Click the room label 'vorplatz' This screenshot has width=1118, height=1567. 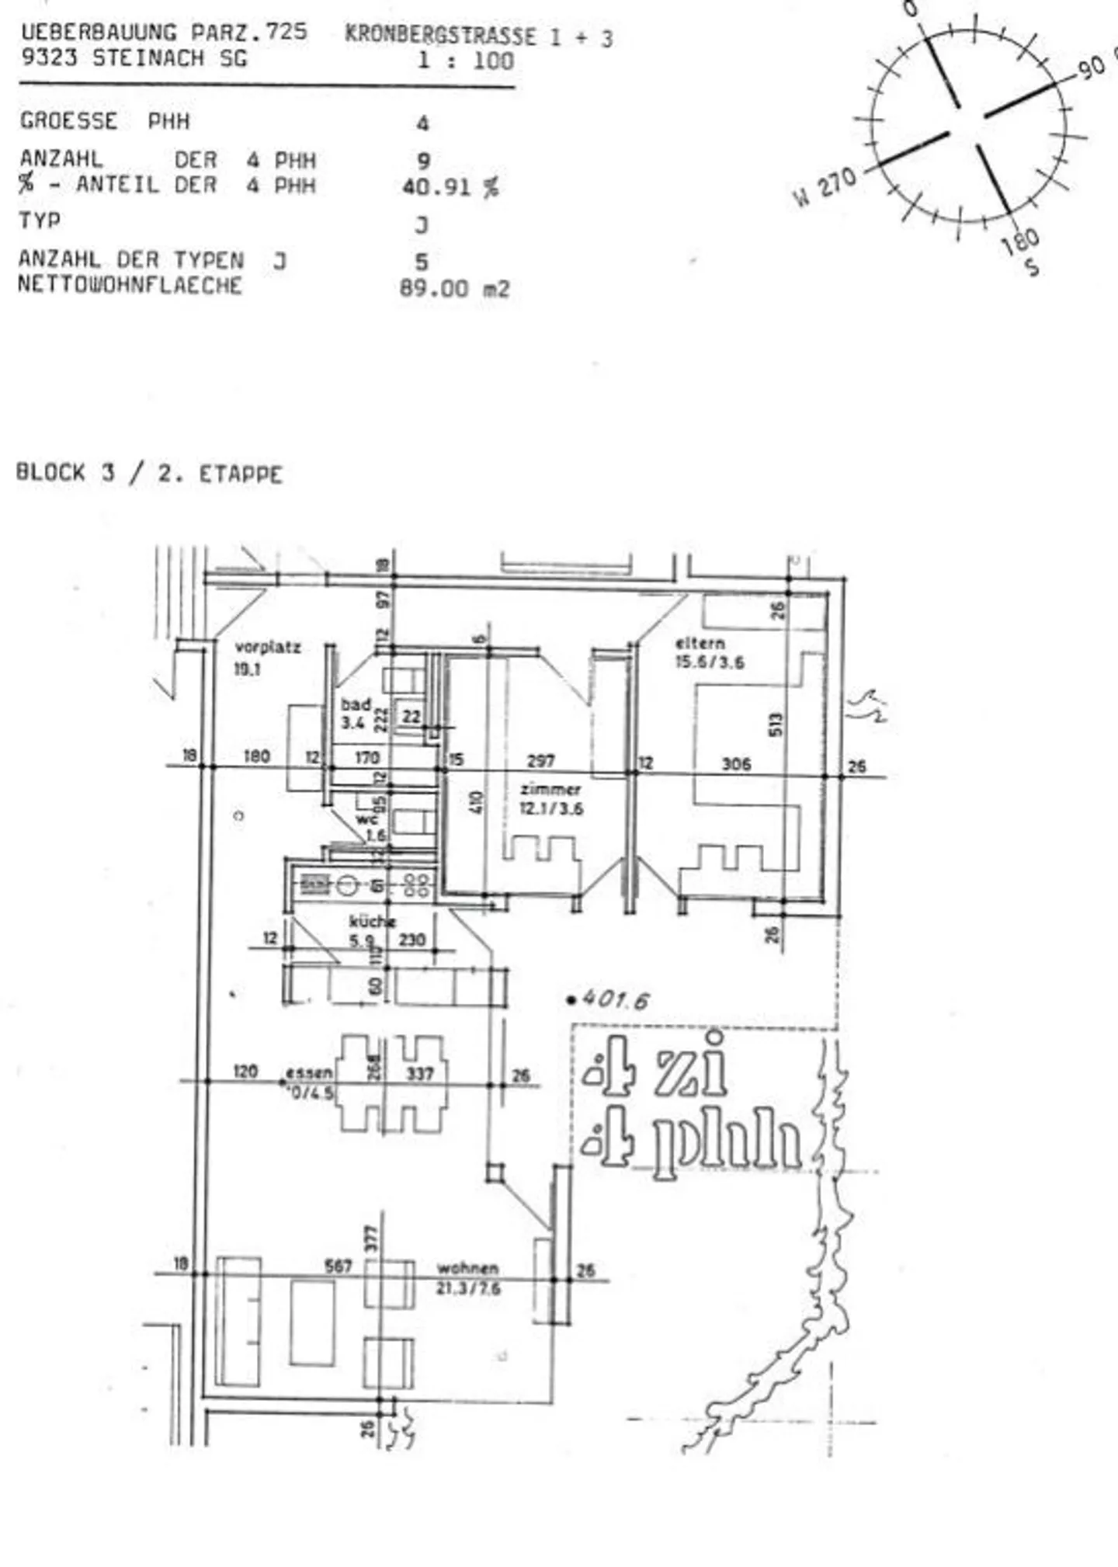(x=267, y=647)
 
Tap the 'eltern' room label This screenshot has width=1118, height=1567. (x=700, y=643)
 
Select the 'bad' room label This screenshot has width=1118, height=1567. (x=356, y=704)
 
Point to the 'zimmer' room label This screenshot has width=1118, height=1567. (x=550, y=789)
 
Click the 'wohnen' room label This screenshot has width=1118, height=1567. (x=467, y=1268)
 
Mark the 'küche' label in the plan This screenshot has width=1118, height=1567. (x=372, y=922)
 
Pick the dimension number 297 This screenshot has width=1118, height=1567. (x=540, y=761)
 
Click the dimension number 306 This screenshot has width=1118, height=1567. (x=736, y=763)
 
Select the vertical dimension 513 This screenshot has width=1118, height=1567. (x=776, y=724)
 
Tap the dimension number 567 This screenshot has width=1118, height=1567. (x=339, y=1266)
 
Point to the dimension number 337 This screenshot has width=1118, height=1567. (x=420, y=1074)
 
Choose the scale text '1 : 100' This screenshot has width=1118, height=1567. (x=466, y=61)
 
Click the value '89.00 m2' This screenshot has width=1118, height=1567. (x=454, y=289)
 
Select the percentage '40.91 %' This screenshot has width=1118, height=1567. (x=450, y=187)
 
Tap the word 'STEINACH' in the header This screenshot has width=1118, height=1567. (x=148, y=58)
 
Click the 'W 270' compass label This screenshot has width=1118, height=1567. (x=825, y=187)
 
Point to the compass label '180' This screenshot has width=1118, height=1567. (x=1019, y=241)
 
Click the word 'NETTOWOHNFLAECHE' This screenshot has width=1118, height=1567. (x=130, y=285)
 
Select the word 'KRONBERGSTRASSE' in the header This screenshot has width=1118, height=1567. (x=440, y=36)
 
